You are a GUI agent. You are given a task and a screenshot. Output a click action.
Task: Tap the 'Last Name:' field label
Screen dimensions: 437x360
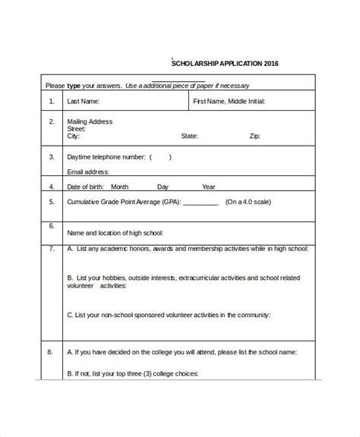click(x=83, y=101)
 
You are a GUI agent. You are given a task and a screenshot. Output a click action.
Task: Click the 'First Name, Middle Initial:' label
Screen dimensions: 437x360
click(x=228, y=101)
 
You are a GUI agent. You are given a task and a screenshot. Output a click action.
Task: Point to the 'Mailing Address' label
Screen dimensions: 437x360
click(x=90, y=121)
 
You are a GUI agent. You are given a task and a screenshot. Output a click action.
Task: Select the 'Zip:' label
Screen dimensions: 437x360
click(x=256, y=137)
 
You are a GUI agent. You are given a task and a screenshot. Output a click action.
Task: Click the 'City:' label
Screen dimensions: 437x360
click(x=74, y=137)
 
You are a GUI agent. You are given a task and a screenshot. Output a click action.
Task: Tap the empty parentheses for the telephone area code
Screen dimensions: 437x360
click(x=160, y=157)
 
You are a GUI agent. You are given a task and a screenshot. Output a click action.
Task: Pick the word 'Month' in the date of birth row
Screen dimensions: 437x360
click(x=119, y=187)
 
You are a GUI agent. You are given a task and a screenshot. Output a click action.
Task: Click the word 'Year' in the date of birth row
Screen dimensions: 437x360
click(x=208, y=187)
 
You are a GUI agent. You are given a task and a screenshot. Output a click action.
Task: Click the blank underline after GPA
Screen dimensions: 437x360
click(x=201, y=203)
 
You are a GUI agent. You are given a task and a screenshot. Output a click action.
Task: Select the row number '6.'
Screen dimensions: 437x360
click(x=52, y=226)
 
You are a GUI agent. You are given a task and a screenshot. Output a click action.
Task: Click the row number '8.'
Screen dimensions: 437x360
click(x=52, y=353)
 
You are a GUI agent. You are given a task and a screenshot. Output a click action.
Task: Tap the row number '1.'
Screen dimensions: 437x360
click(x=52, y=101)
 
